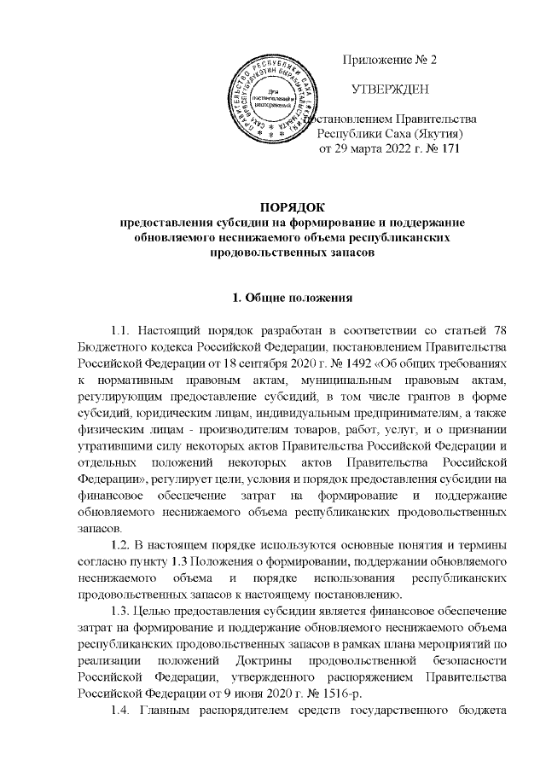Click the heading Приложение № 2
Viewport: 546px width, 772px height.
point(389,61)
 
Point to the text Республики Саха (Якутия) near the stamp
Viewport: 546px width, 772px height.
point(390,135)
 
